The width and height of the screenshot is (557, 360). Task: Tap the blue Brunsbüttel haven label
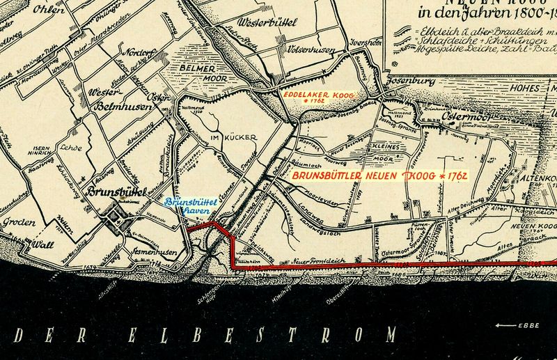click(x=191, y=206)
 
